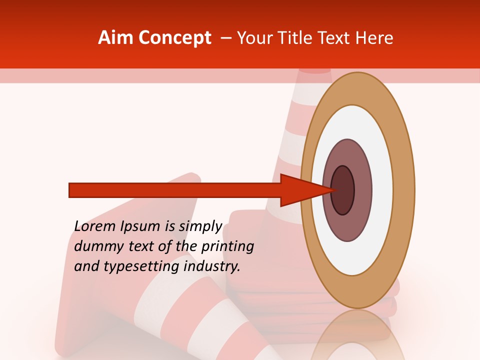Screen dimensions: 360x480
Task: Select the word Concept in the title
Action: (174, 38)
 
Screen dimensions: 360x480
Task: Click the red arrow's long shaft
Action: (175, 190)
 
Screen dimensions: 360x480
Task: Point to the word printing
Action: (227, 247)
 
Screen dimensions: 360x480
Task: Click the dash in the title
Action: (225, 38)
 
